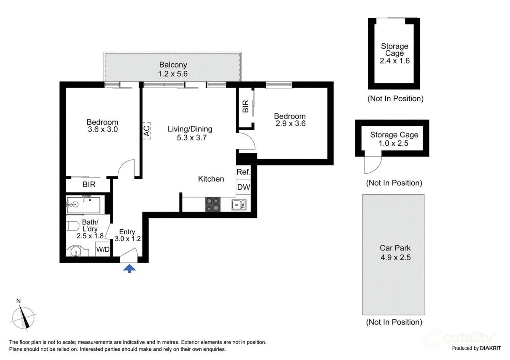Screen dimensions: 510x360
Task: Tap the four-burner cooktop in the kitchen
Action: pyautogui.click(x=213, y=204)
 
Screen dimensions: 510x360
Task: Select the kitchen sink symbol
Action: pyautogui.click(x=239, y=205)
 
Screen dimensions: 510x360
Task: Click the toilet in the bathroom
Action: pyautogui.click(x=73, y=226)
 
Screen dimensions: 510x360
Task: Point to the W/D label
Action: pyautogui.click(x=103, y=249)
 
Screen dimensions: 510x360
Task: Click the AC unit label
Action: pyautogui.click(x=147, y=131)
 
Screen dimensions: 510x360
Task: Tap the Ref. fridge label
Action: pyautogui.click(x=244, y=172)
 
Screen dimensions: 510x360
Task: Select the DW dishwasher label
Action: pyautogui.click(x=244, y=187)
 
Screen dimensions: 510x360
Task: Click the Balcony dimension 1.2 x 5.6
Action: pyautogui.click(x=173, y=74)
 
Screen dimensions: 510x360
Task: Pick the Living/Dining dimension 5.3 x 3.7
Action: pyautogui.click(x=192, y=138)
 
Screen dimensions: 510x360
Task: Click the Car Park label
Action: pyautogui.click(x=395, y=248)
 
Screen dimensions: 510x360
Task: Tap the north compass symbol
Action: pyautogui.click(x=23, y=317)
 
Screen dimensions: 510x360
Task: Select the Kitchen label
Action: pyautogui.click(x=211, y=179)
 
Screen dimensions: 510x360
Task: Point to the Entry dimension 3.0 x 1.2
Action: pyautogui.click(x=128, y=239)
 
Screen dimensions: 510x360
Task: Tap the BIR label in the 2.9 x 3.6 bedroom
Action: pyautogui.click(x=245, y=106)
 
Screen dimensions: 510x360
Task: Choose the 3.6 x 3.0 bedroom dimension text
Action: pyautogui.click(x=103, y=129)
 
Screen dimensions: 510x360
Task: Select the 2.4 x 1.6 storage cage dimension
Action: pyautogui.click(x=395, y=61)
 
